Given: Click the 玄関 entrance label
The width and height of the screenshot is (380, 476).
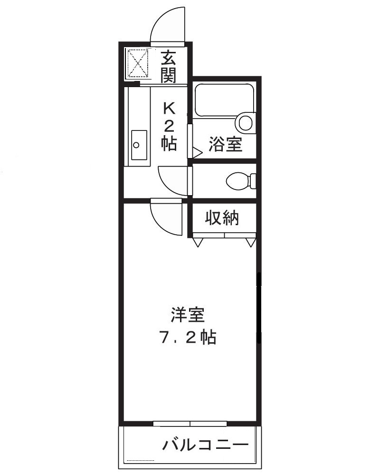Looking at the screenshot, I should [169, 66].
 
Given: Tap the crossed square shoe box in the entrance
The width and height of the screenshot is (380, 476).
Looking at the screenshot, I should [138, 63].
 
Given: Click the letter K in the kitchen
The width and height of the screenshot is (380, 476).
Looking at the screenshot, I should [169, 108].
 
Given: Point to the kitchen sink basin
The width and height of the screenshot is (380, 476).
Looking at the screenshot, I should [139, 145].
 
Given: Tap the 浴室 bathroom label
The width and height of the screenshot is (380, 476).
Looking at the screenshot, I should [226, 143].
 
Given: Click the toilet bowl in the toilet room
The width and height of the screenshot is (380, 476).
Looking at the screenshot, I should [238, 181].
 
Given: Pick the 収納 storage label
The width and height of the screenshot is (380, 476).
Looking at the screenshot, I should [222, 218].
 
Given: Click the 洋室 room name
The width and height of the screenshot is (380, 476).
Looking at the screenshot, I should [188, 315].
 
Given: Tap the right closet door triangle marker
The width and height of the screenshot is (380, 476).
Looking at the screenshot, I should [251, 242].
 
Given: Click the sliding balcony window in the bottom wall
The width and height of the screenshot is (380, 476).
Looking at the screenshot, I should [190, 423].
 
